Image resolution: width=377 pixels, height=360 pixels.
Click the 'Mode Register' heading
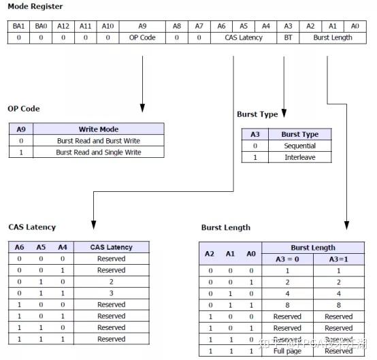(x=35, y=7)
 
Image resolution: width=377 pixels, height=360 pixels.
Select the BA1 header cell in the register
(x=18, y=26)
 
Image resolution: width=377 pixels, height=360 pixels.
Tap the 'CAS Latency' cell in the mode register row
(x=243, y=37)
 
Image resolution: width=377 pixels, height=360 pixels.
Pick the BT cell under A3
(x=288, y=37)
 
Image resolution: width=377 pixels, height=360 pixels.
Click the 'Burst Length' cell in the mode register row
(x=333, y=37)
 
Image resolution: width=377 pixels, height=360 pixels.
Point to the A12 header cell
(x=63, y=26)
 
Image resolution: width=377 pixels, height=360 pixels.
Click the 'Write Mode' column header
(x=98, y=129)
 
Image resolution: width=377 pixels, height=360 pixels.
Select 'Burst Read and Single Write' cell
(x=98, y=152)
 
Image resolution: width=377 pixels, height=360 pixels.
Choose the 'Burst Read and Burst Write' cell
(x=98, y=140)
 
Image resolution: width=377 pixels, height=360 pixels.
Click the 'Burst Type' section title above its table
(x=257, y=114)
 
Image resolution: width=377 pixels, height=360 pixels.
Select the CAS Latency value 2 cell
(x=111, y=281)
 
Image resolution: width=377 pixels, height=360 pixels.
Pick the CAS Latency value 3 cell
(x=111, y=293)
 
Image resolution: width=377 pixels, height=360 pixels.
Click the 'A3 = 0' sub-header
(x=286, y=259)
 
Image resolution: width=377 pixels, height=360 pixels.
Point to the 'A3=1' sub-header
(x=338, y=259)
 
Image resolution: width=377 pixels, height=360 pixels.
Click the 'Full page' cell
(x=286, y=350)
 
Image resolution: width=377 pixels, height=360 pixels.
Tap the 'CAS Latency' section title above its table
(x=32, y=227)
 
